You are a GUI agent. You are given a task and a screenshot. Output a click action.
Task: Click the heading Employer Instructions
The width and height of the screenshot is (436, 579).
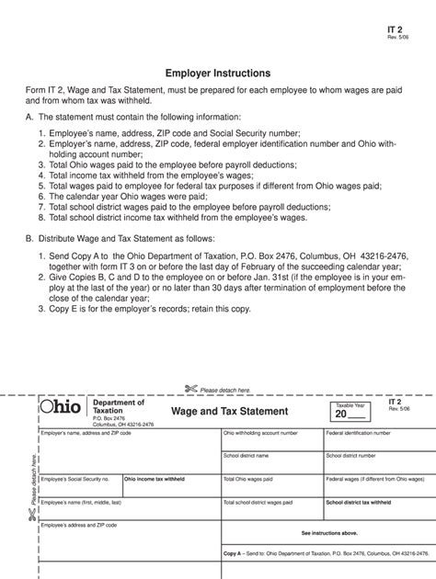click(x=217, y=72)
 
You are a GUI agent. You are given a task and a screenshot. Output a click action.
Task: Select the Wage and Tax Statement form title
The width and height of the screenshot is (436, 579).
click(x=229, y=411)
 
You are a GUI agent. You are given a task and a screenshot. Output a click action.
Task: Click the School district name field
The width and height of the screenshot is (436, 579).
click(x=272, y=461)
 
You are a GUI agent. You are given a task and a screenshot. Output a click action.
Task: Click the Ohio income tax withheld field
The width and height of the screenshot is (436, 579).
click(x=171, y=486)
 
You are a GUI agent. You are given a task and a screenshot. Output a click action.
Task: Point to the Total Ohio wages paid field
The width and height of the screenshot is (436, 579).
click(x=272, y=486)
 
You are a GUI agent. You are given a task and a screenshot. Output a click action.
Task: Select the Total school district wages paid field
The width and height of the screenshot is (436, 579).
click(x=272, y=510)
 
